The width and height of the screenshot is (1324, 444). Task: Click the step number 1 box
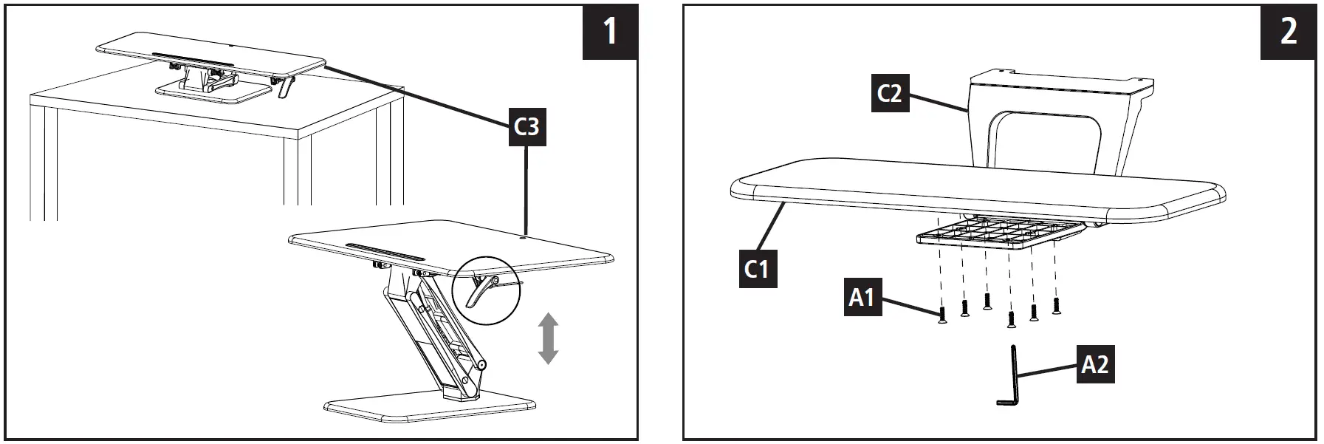(x=610, y=32)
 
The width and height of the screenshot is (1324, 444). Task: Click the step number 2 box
(x=1288, y=32)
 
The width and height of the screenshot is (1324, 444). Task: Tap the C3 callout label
(x=526, y=127)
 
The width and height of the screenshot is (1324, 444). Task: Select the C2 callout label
(x=889, y=94)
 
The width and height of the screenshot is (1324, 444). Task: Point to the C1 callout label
(x=757, y=268)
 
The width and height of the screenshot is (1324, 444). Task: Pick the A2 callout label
(x=1094, y=364)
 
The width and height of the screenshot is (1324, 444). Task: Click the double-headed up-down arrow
(x=547, y=338)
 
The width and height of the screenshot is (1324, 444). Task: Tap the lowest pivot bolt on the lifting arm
(x=481, y=364)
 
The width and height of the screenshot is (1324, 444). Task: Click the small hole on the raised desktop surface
(x=524, y=237)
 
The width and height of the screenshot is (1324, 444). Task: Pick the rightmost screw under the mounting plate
(x=1056, y=306)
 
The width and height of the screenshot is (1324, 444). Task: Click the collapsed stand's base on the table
(x=214, y=93)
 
